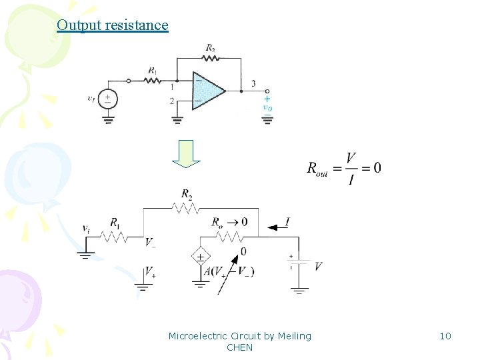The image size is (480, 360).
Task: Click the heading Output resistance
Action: pyautogui.click(x=112, y=25)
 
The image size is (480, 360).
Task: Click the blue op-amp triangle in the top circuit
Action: pyautogui.click(x=206, y=90)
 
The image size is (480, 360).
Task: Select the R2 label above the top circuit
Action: pyautogui.click(x=211, y=48)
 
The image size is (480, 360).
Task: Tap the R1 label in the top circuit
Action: pyautogui.click(x=153, y=70)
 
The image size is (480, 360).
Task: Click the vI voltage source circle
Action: pyautogui.click(x=108, y=99)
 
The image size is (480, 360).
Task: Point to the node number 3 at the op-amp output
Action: pyautogui.click(x=253, y=83)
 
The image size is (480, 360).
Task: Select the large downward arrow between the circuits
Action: pyautogui.click(x=187, y=154)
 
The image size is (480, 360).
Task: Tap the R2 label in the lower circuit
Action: pyautogui.click(x=187, y=195)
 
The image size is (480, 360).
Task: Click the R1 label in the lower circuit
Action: pyautogui.click(x=115, y=222)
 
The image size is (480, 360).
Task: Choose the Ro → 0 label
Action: pyautogui.click(x=229, y=221)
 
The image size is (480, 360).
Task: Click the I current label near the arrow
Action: pyautogui.click(x=287, y=221)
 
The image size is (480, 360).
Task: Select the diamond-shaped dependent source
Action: pyautogui.click(x=199, y=257)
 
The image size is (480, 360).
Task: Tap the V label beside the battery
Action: pyautogui.click(x=318, y=266)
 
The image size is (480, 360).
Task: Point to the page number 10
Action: pyautogui.click(x=445, y=336)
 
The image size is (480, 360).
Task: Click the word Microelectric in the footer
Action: pyautogui.click(x=198, y=336)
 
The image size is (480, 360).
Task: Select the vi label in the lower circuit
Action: pyautogui.click(x=86, y=228)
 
